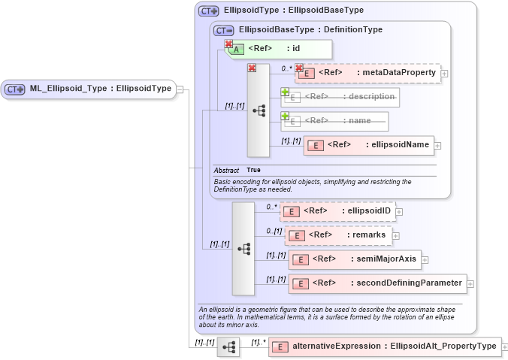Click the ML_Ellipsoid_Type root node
click(x=89, y=89)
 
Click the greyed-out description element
click(x=340, y=97)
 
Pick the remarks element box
click(x=339, y=235)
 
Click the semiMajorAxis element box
click(x=355, y=259)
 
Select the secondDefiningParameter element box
click(x=377, y=283)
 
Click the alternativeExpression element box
click(x=384, y=346)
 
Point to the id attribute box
click(x=279, y=49)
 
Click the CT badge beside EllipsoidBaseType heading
click(x=224, y=30)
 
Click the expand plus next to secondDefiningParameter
click(x=470, y=283)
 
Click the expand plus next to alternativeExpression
click(x=504, y=346)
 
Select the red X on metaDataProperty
click(x=298, y=68)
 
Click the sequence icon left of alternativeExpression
click(x=228, y=346)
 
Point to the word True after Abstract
click(x=254, y=170)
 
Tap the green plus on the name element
click(x=285, y=116)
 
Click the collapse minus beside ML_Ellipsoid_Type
click(x=180, y=90)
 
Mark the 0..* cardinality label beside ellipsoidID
click(x=272, y=206)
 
